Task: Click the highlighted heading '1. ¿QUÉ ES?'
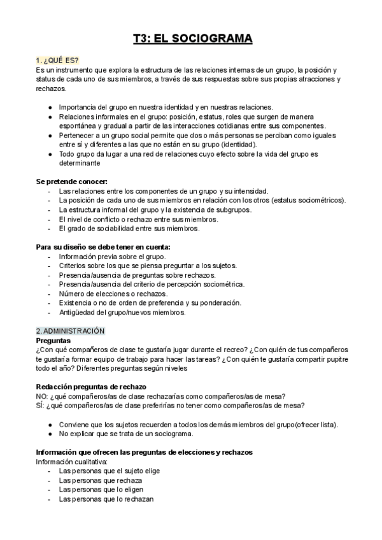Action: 57,60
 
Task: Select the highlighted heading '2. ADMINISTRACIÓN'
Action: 70,331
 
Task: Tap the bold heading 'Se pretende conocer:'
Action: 72,181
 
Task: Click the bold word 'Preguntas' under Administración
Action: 53,341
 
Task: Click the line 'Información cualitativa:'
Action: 72,461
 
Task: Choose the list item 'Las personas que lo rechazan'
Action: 106,499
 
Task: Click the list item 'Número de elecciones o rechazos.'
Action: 113,294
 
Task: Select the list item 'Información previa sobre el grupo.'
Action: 112,256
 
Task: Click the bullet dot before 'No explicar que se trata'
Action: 50,434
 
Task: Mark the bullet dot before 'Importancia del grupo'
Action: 50,107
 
